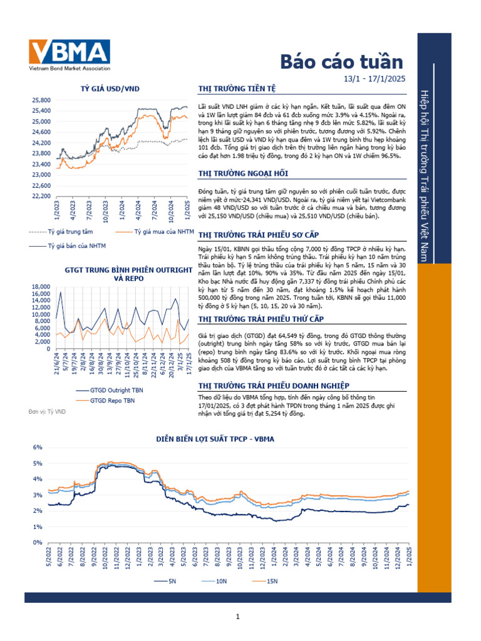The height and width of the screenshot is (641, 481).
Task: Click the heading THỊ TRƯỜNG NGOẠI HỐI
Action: coord(239,173)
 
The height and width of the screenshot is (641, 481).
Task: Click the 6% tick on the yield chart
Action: coord(36,448)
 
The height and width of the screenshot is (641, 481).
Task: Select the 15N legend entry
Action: coord(272,582)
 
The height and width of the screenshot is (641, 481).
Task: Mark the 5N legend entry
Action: coord(172,582)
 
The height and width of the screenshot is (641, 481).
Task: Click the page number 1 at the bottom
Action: coord(238,618)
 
